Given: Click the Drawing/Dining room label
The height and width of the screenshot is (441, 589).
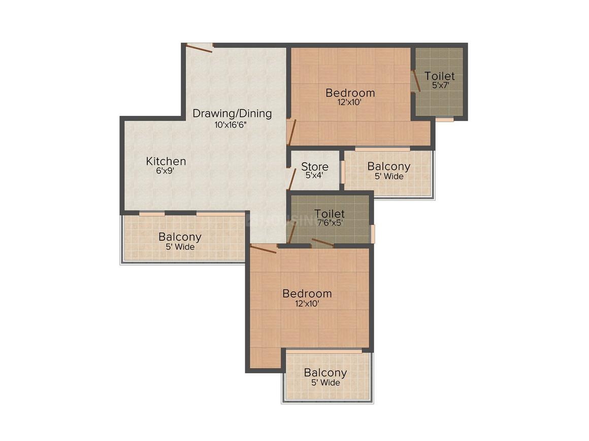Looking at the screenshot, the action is point(232,113).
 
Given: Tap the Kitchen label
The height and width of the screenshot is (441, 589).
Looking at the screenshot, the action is point(166,161).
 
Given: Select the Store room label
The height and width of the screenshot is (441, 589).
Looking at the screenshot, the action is point(315,166).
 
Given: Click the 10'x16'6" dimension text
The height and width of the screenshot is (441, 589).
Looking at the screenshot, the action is point(230,125).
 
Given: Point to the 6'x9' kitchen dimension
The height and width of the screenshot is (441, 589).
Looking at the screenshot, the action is point(166,171).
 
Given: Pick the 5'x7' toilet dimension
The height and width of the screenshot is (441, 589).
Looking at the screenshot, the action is point(441,85).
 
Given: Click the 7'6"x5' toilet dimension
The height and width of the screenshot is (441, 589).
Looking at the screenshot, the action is point(330,223).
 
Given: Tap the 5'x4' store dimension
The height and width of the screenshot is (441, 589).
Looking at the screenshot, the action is point(314,175).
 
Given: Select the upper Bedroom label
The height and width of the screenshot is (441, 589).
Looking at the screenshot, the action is point(350,93).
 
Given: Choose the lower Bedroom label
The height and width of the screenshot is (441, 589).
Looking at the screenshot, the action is point(307,293).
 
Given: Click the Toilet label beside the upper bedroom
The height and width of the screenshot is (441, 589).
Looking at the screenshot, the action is point(440,76).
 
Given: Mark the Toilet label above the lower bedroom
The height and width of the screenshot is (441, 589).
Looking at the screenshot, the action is point(329,214).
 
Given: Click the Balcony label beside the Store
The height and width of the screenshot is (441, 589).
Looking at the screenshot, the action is point(389,166).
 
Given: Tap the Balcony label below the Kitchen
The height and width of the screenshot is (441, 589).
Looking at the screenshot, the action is point(180,237).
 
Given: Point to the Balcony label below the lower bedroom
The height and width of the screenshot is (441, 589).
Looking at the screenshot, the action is point(325,373).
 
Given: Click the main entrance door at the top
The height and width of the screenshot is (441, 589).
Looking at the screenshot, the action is point(199,48).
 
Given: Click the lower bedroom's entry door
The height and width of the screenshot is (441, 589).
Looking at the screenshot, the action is point(264,248).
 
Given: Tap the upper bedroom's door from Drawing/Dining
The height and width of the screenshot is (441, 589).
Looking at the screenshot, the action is point(292,132).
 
